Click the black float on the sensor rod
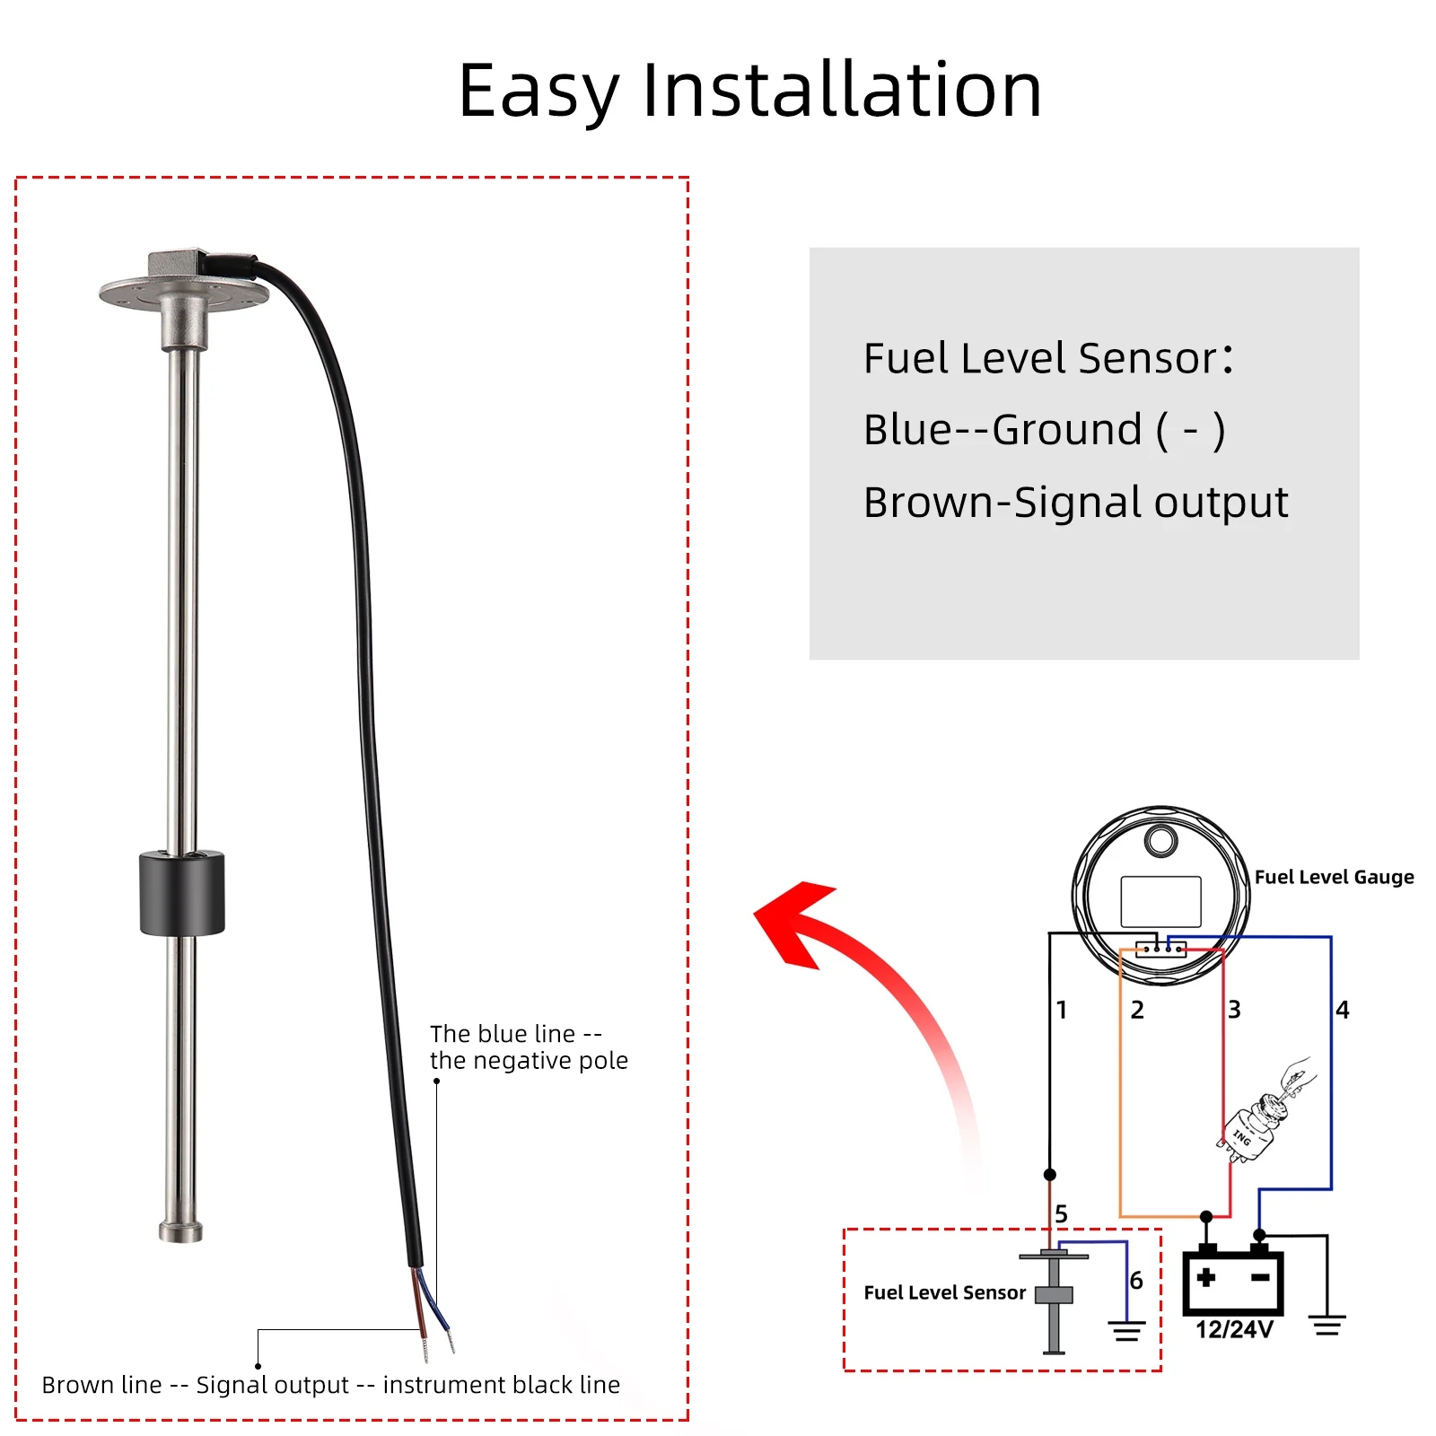click(x=182, y=893)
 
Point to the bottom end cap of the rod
click(x=180, y=1230)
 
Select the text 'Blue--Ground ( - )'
click(x=1044, y=430)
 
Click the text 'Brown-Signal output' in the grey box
click(x=1075, y=503)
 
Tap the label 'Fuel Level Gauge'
click(x=1334, y=877)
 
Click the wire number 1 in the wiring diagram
click(x=1062, y=1010)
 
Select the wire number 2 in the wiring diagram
click(x=1137, y=1010)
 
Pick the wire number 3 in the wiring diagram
click(x=1235, y=1010)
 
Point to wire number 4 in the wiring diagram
click(x=1343, y=1010)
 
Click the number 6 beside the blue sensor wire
click(x=1136, y=1281)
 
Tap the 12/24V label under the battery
click(x=1234, y=1329)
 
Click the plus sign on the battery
click(x=1206, y=1277)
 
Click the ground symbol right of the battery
click(x=1327, y=1325)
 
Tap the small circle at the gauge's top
click(x=1160, y=841)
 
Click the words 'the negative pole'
click(x=529, y=1061)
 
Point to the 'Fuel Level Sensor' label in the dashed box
click(x=944, y=1292)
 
